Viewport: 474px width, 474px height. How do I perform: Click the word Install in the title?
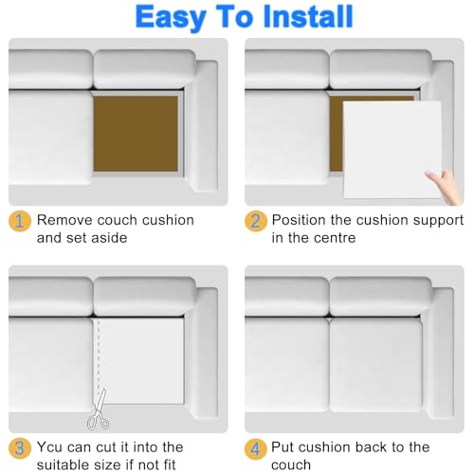pos(307,16)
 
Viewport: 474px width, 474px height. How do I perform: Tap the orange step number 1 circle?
pos(20,221)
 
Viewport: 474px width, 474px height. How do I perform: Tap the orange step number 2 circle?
pos(256,221)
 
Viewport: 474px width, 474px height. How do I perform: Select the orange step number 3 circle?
pos(20,448)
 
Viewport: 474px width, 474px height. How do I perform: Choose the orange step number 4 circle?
pos(256,448)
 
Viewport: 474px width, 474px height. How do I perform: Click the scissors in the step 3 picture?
pos(99,410)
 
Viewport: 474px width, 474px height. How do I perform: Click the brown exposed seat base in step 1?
pos(136,134)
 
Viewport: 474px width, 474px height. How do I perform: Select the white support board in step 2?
pos(392,150)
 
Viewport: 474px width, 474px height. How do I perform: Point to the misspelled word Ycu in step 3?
pos(50,447)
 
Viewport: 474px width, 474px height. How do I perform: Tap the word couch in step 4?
pos(291,465)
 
